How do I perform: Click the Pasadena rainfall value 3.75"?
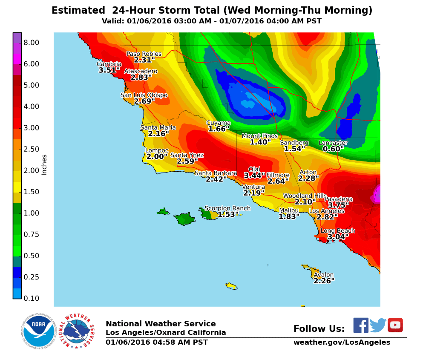coord(339,205)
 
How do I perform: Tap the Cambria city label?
coord(109,64)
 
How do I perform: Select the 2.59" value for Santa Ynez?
coord(187,161)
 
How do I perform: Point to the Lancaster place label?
coord(333,143)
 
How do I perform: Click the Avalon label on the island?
coord(324,275)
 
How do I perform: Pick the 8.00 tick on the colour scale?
coord(32,43)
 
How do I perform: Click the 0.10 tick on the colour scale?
coord(32,298)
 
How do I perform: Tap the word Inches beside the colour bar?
coord(44,165)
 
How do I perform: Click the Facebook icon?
coord(361,325)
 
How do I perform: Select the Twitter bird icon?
coord(378,325)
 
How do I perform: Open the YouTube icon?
coord(395,325)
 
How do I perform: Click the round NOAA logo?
coord(38,332)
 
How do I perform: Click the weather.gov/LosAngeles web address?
coord(342,343)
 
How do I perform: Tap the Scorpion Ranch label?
coord(227,208)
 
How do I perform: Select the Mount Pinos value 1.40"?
coord(260,142)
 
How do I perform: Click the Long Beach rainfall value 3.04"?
coord(338,237)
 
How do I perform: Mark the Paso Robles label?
coord(144,54)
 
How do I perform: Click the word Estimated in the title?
coord(78,11)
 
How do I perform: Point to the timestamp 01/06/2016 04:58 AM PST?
coord(157,343)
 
